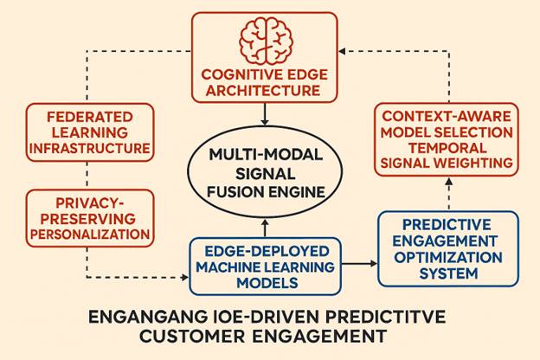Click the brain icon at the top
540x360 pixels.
pyautogui.click(x=266, y=39)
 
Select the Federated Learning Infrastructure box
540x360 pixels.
pyautogui.click(x=90, y=132)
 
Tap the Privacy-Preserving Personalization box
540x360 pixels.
pyautogui.click(x=90, y=217)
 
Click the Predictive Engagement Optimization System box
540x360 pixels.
pyautogui.click(x=448, y=248)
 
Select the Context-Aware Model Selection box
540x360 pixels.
pyautogui.click(x=447, y=138)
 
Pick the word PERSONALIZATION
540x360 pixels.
pyautogui.click(x=90, y=234)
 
